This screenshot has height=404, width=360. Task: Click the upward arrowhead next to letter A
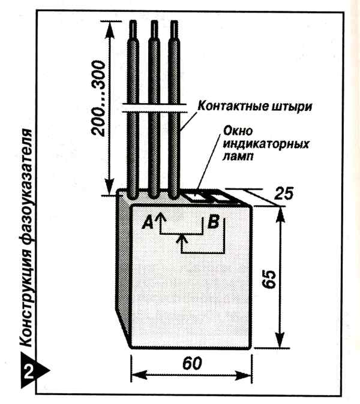pos(160,215)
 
